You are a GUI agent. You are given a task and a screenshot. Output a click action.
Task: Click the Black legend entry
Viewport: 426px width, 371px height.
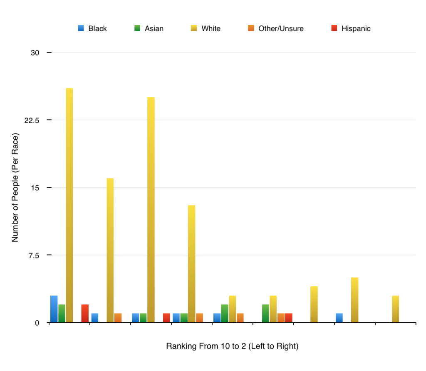tap(93, 29)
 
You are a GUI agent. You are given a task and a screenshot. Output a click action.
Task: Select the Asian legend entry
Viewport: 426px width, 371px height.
tap(149, 29)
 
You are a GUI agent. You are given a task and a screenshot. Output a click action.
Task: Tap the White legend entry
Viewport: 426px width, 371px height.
tap(206, 29)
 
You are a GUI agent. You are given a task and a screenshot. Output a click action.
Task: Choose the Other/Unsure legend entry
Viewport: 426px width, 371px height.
tap(276, 29)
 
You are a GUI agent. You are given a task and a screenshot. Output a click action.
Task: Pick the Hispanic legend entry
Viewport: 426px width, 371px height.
tap(351, 29)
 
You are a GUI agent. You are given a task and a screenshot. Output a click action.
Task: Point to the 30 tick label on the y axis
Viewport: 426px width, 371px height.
tap(35, 53)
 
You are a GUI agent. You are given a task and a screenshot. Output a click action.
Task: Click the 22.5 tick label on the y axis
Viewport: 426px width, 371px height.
tap(32, 120)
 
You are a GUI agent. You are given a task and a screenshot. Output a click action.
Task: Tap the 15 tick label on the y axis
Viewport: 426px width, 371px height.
tap(35, 188)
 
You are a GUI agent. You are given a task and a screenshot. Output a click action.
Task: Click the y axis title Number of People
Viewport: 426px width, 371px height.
tap(15, 188)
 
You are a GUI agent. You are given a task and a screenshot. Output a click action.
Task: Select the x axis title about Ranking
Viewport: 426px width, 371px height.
tap(232, 346)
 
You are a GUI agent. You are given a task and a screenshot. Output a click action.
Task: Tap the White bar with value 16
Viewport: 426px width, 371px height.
tap(110, 250)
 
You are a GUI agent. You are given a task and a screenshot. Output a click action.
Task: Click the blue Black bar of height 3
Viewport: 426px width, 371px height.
tap(54, 309)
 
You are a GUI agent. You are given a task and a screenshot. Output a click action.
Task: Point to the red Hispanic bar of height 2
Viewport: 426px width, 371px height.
tap(85, 313)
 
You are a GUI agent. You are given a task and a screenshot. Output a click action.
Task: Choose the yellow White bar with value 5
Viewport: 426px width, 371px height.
tap(354, 300)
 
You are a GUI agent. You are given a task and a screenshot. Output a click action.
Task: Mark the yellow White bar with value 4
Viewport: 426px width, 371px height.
tap(314, 304)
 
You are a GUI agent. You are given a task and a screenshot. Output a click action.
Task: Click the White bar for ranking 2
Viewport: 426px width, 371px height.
tap(395, 309)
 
